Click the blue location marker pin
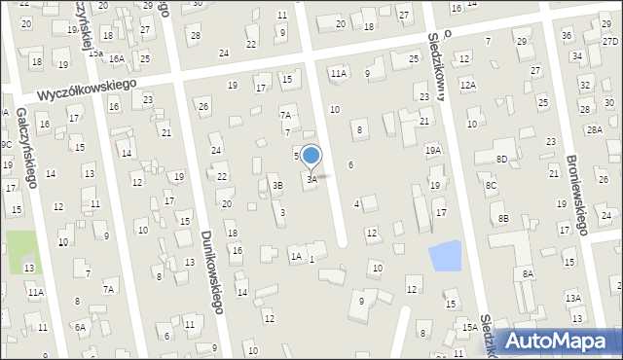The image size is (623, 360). (x=311, y=156)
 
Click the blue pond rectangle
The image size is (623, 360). (x=445, y=256)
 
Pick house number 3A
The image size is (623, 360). (x=311, y=179)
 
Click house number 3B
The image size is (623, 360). (x=277, y=185)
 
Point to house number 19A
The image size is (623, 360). (x=433, y=151)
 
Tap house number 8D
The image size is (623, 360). (x=501, y=159)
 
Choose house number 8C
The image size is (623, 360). (x=492, y=185)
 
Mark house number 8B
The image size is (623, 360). (x=503, y=219)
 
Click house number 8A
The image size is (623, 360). (x=528, y=274)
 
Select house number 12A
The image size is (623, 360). (x=468, y=86)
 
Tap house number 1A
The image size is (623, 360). (x=295, y=257)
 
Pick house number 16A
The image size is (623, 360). (x=117, y=59)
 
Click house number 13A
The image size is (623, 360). (x=573, y=298)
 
